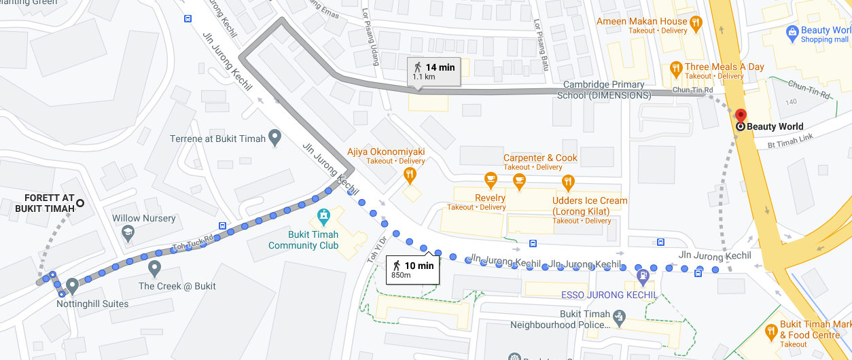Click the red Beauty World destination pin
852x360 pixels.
740,115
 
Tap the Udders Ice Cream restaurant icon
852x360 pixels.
568,182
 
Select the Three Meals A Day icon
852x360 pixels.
675,68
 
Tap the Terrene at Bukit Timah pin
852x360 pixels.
274,138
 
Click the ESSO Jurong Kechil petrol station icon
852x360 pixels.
642,276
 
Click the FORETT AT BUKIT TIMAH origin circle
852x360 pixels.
80,202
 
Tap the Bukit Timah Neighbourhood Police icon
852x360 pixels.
618,317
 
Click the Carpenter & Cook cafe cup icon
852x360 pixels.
519,181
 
